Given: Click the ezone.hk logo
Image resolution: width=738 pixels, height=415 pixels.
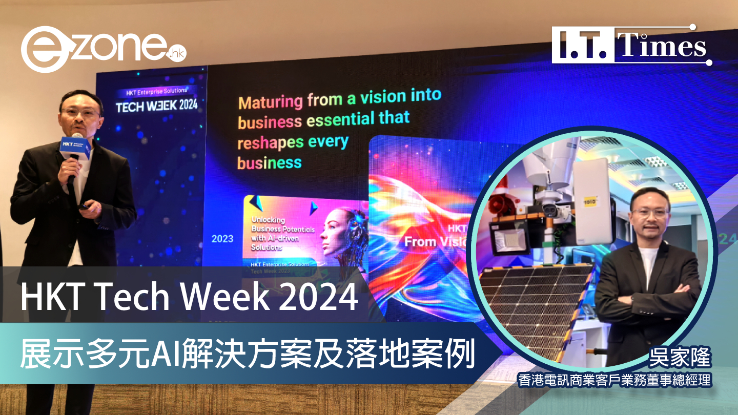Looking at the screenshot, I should (x=102, y=49).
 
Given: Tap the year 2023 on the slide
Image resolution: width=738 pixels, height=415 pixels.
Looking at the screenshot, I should (x=222, y=239).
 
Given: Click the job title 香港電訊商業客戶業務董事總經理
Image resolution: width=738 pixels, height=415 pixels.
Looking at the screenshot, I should (x=615, y=380).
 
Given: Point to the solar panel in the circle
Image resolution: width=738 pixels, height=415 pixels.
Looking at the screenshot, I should (x=533, y=307).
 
